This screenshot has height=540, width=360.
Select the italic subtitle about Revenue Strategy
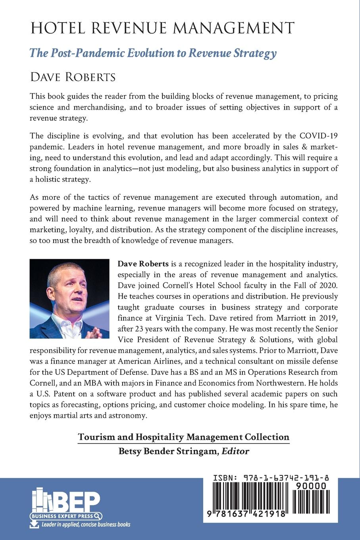153,53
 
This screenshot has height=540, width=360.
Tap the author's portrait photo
69,299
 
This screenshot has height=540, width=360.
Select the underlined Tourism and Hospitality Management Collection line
183,437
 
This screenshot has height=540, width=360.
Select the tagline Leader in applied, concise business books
86,525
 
